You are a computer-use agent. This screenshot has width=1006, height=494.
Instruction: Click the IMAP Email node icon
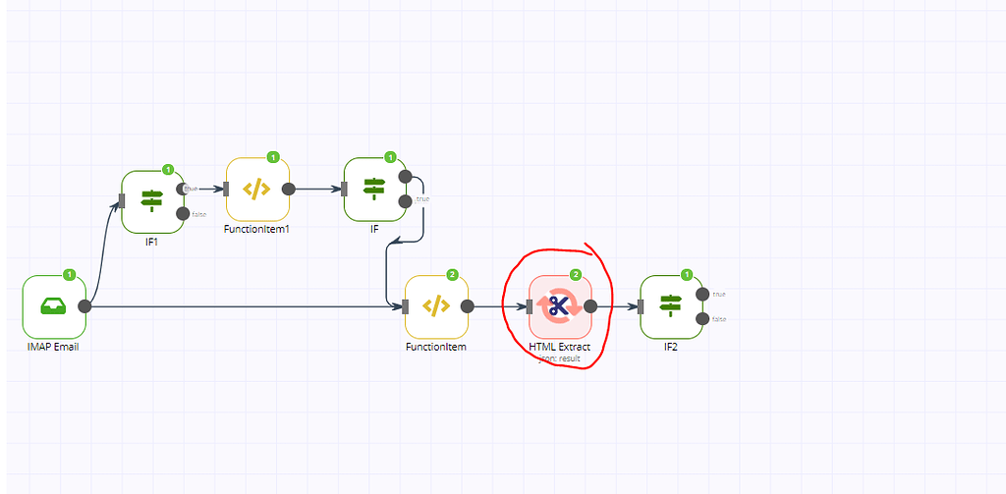[54, 306]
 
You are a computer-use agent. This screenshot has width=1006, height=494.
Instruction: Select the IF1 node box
[152, 201]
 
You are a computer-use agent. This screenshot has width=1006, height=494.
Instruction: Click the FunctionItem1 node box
[257, 190]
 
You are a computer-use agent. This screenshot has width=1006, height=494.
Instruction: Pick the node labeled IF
[374, 189]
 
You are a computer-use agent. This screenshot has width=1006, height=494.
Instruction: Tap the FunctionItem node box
[436, 306]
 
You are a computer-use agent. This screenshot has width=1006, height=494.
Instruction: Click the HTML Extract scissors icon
[560, 306]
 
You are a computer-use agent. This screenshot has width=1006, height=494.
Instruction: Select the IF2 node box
[671, 306]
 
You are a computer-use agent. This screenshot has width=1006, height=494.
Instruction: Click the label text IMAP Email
[53, 347]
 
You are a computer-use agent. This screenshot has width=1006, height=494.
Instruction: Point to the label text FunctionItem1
[257, 229]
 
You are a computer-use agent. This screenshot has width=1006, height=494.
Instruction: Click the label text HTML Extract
[560, 347]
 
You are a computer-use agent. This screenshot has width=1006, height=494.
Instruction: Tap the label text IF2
[671, 347]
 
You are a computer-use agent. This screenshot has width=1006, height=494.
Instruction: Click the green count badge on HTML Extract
[576, 275]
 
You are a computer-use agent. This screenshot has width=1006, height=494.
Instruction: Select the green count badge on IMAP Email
[69, 275]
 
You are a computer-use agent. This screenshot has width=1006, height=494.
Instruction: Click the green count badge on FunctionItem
[452, 275]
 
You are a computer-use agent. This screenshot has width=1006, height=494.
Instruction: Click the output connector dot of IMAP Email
[84, 306]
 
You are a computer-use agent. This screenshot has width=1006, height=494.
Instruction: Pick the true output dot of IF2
[702, 294]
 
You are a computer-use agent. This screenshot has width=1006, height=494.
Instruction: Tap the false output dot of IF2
[702, 318]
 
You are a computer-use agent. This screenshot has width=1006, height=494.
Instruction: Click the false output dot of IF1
[182, 213]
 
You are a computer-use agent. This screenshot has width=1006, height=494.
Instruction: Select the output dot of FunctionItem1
[288, 190]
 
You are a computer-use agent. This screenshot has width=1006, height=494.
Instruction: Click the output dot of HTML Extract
[590, 306]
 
